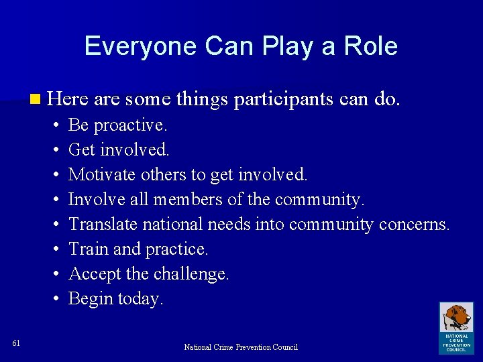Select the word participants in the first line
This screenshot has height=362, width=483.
click(x=284, y=100)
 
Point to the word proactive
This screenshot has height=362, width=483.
click(x=131, y=125)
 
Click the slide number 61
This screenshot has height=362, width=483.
click(x=16, y=343)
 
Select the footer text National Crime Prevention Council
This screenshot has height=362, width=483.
click(x=241, y=347)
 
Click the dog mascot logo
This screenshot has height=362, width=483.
click(x=455, y=318)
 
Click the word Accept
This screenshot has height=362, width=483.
click(x=93, y=274)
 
